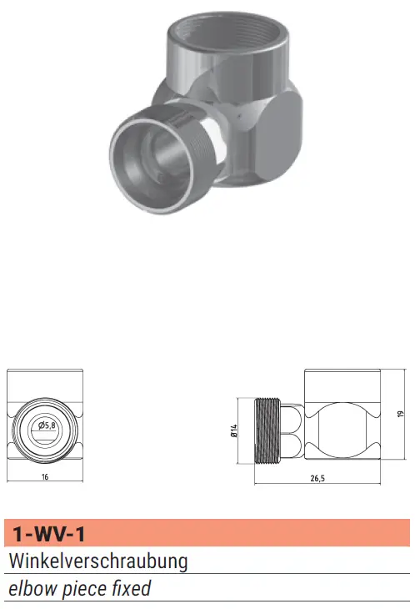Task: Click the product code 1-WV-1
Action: coord(49,534)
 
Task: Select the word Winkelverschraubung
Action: coord(98,561)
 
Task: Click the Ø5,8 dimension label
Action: coord(47,425)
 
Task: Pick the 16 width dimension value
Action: coord(45,477)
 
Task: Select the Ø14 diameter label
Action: coord(233,430)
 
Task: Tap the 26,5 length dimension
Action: coord(317,478)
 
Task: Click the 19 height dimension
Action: coord(401,414)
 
